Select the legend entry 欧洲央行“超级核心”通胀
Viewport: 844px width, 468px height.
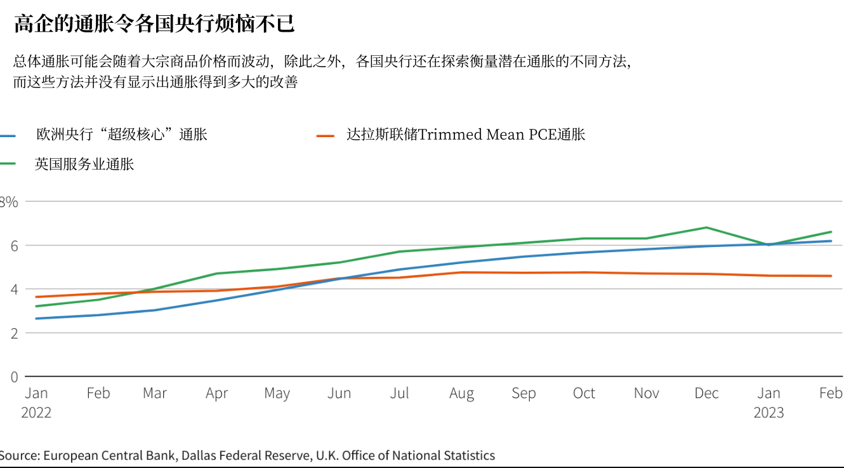(x=121, y=135)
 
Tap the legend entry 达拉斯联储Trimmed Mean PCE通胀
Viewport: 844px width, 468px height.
(x=465, y=135)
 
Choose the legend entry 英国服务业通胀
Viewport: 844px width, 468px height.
(x=84, y=164)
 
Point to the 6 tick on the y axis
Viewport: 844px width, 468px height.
(x=14, y=246)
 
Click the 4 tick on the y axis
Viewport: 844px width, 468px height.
(x=14, y=290)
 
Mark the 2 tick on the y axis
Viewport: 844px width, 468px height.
(x=14, y=333)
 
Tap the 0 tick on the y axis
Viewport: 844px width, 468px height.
(x=14, y=377)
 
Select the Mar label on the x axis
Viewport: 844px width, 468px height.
(x=155, y=393)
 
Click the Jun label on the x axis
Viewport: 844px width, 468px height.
(x=339, y=394)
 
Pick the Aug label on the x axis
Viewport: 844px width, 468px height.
(x=461, y=394)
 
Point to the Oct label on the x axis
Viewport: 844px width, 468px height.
(x=584, y=393)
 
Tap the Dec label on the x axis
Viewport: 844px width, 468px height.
(x=706, y=393)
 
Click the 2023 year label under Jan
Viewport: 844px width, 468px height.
(x=768, y=413)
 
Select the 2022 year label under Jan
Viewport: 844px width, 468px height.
(x=36, y=413)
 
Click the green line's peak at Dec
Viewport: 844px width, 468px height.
(x=706, y=227)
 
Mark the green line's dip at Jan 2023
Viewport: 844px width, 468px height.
(x=768, y=244)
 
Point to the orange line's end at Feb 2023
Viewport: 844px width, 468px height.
(x=831, y=276)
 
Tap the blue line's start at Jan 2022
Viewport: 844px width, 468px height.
(x=36, y=318)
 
